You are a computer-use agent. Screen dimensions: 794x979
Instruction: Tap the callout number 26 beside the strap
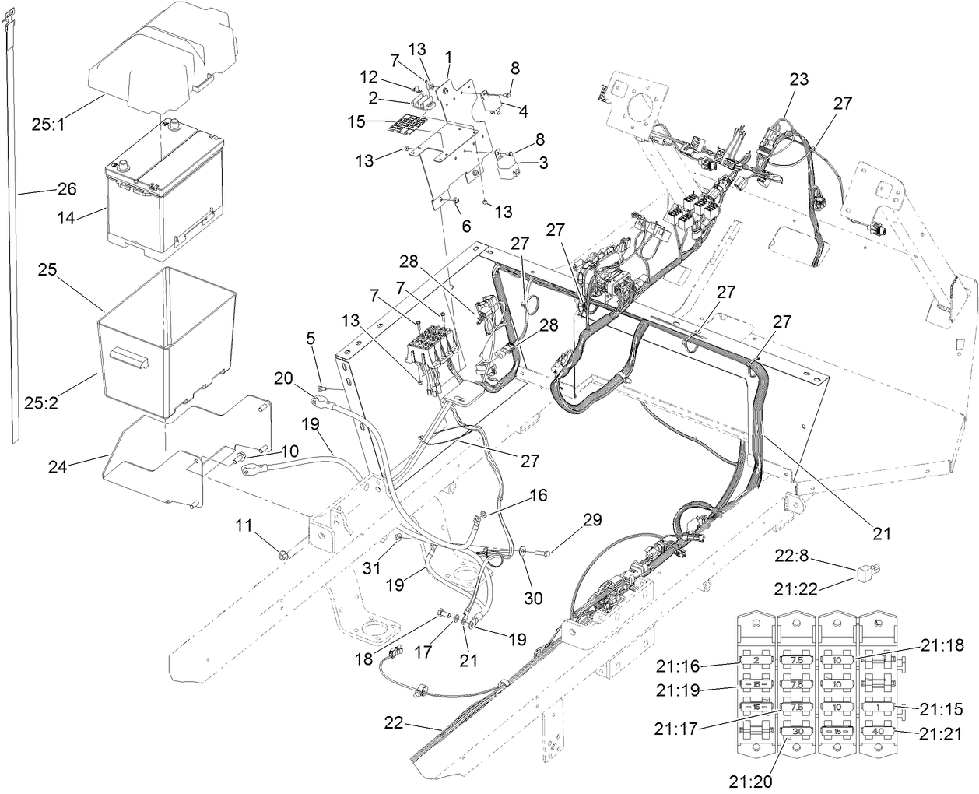click(66, 189)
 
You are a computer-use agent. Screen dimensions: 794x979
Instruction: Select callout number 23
click(798, 79)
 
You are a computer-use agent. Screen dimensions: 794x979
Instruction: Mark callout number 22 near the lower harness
click(395, 722)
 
